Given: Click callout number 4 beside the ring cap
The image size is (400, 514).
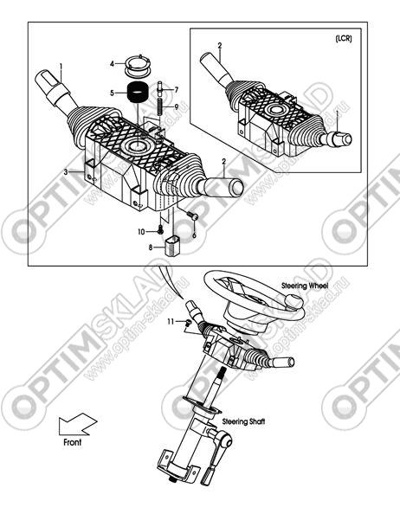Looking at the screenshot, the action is coord(113,64).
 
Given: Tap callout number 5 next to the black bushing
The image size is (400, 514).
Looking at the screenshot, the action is coord(113,93).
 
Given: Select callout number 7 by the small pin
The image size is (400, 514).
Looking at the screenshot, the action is coord(176,89).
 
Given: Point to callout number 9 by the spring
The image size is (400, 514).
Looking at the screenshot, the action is coord(176,106).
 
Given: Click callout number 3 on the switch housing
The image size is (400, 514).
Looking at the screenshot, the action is coord(66,172).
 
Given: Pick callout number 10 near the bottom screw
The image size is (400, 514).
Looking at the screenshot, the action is coord(141,232).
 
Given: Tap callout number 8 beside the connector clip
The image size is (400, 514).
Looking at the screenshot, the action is coord(151,247).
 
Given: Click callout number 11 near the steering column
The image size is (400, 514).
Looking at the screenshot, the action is coord(171,322).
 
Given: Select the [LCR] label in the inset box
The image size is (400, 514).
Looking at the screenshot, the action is coord(344,38).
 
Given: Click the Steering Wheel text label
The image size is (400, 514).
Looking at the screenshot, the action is coord(305,286).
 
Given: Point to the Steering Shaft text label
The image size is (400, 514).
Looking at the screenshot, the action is coord(243,421).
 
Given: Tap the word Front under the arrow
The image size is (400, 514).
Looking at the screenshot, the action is coord(72,442).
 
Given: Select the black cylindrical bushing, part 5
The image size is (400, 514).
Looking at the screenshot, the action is coord(138,92).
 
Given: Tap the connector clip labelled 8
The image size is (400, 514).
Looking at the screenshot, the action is coord(172,245).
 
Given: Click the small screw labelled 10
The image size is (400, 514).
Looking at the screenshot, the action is coord(160,230).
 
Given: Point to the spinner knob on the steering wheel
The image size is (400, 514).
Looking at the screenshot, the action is coord(294,301).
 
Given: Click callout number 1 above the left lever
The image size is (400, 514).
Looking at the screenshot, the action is coord(61,67).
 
